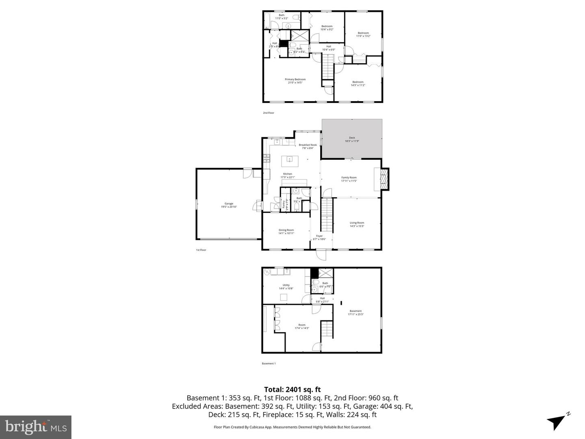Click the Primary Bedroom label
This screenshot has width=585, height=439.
tap(295, 80)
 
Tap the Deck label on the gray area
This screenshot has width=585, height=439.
tap(352, 138)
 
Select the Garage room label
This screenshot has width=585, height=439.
tap(229, 204)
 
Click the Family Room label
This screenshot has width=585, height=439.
tap(349, 178)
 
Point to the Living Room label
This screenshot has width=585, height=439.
tap(357, 223)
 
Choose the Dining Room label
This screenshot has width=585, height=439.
tap(286, 230)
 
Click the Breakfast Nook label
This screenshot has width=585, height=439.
tap(308, 145)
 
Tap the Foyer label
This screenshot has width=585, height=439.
tap(319, 236)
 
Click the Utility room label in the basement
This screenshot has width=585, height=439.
tap(286, 285)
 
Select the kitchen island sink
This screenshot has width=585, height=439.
tap(290, 159)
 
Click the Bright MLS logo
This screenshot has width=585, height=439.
tap(36, 427)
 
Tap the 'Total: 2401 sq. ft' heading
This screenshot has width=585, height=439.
tap(292, 389)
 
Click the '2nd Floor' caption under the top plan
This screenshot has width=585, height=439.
tap(269, 113)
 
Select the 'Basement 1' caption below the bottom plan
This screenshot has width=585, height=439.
tap(269, 363)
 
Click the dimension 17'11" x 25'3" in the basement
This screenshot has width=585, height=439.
tap(355, 314)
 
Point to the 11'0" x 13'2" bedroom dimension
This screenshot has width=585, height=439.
tap(363, 36)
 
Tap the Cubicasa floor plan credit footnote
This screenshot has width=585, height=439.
tap(292, 427)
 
